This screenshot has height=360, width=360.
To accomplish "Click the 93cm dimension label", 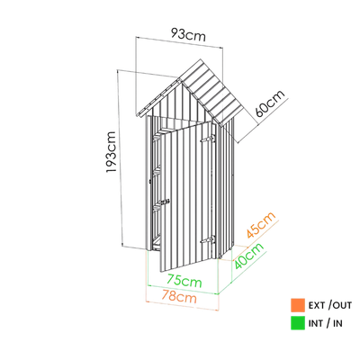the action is click(188, 35).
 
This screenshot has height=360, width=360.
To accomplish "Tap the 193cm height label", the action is click(111, 152).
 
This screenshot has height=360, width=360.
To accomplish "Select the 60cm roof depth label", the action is click(270, 103).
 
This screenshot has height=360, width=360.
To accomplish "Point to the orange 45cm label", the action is click(261, 225).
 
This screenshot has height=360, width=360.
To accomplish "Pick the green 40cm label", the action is click(248, 256).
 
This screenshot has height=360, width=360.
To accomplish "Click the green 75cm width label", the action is click(184, 281).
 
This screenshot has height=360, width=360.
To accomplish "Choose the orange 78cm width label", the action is click(179, 297).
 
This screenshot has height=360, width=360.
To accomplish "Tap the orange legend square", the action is click(298, 305).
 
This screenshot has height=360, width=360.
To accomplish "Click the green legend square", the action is click(298, 323).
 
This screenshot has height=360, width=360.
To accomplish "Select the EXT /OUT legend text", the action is click(330, 306).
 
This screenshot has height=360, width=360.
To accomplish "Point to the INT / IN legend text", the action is click(326, 323).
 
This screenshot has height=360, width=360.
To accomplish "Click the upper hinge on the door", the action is click(208, 139).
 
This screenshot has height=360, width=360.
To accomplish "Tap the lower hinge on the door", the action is click(208, 240).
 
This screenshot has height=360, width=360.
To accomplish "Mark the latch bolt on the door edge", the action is click(165, 202).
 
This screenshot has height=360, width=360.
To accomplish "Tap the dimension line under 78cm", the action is click(182, 306).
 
